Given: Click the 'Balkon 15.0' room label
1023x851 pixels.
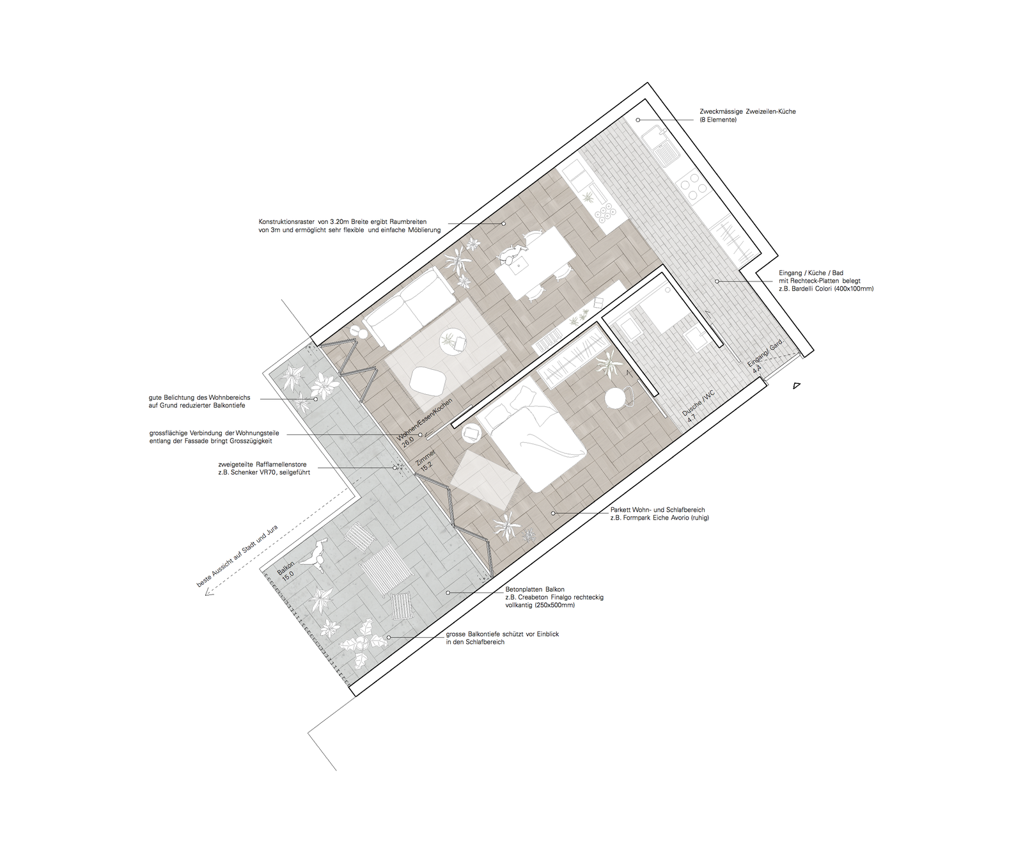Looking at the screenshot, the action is (286, 569).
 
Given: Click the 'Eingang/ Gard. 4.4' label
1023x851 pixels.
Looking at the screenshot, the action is (763, 357).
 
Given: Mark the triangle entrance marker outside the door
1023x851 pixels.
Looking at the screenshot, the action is (796, 385).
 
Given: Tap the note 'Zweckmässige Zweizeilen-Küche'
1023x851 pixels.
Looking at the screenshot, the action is (747, 111).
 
